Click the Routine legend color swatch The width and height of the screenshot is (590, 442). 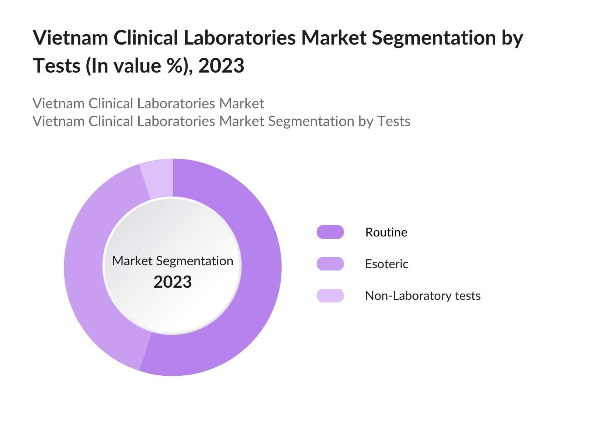coord(330,232)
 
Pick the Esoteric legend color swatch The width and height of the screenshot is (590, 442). coord(330,264)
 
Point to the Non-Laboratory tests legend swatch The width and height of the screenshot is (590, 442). coord(330,295)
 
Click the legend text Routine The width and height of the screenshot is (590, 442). coord(386,232)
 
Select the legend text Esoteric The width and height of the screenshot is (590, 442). coord(386,264)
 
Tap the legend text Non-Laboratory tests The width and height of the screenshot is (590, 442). coord(423,295)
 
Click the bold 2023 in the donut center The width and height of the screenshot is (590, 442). coord(173,282)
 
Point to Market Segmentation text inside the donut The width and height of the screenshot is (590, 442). coord(173,261)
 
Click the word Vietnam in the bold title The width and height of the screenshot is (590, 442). coord(70,38)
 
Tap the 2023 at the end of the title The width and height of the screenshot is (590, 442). coord(221,66)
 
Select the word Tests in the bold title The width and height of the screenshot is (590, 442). coord(57,66)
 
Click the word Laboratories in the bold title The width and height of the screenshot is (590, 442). coord(239,38)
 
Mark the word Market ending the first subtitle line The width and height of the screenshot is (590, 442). coord(242,104)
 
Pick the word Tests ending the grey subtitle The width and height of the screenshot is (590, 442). coord(394,121)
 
